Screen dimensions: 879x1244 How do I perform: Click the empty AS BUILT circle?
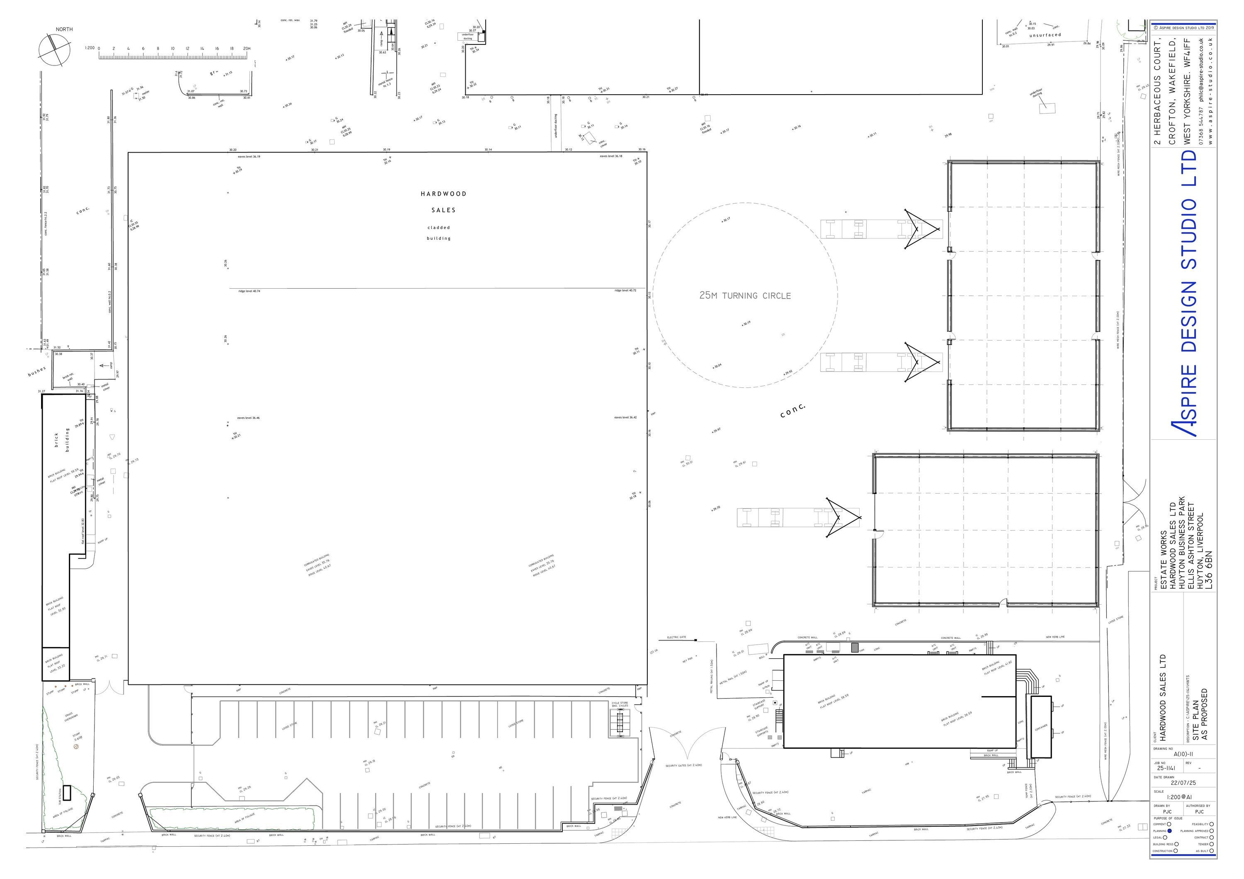[1212, 851]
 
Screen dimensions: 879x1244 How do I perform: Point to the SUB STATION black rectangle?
[67, 793]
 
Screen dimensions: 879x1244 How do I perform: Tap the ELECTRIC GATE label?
[676, 637]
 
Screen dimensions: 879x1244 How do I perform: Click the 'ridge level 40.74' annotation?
[249, 291]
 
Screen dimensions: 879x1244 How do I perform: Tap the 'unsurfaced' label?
[1045, 35]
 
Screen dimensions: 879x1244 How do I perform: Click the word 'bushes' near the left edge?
[37, 371]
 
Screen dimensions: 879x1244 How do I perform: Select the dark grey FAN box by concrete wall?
[855, 648]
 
